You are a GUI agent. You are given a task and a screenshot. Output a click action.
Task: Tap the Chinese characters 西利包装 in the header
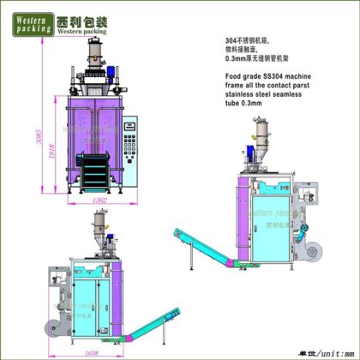pos(82,16)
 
